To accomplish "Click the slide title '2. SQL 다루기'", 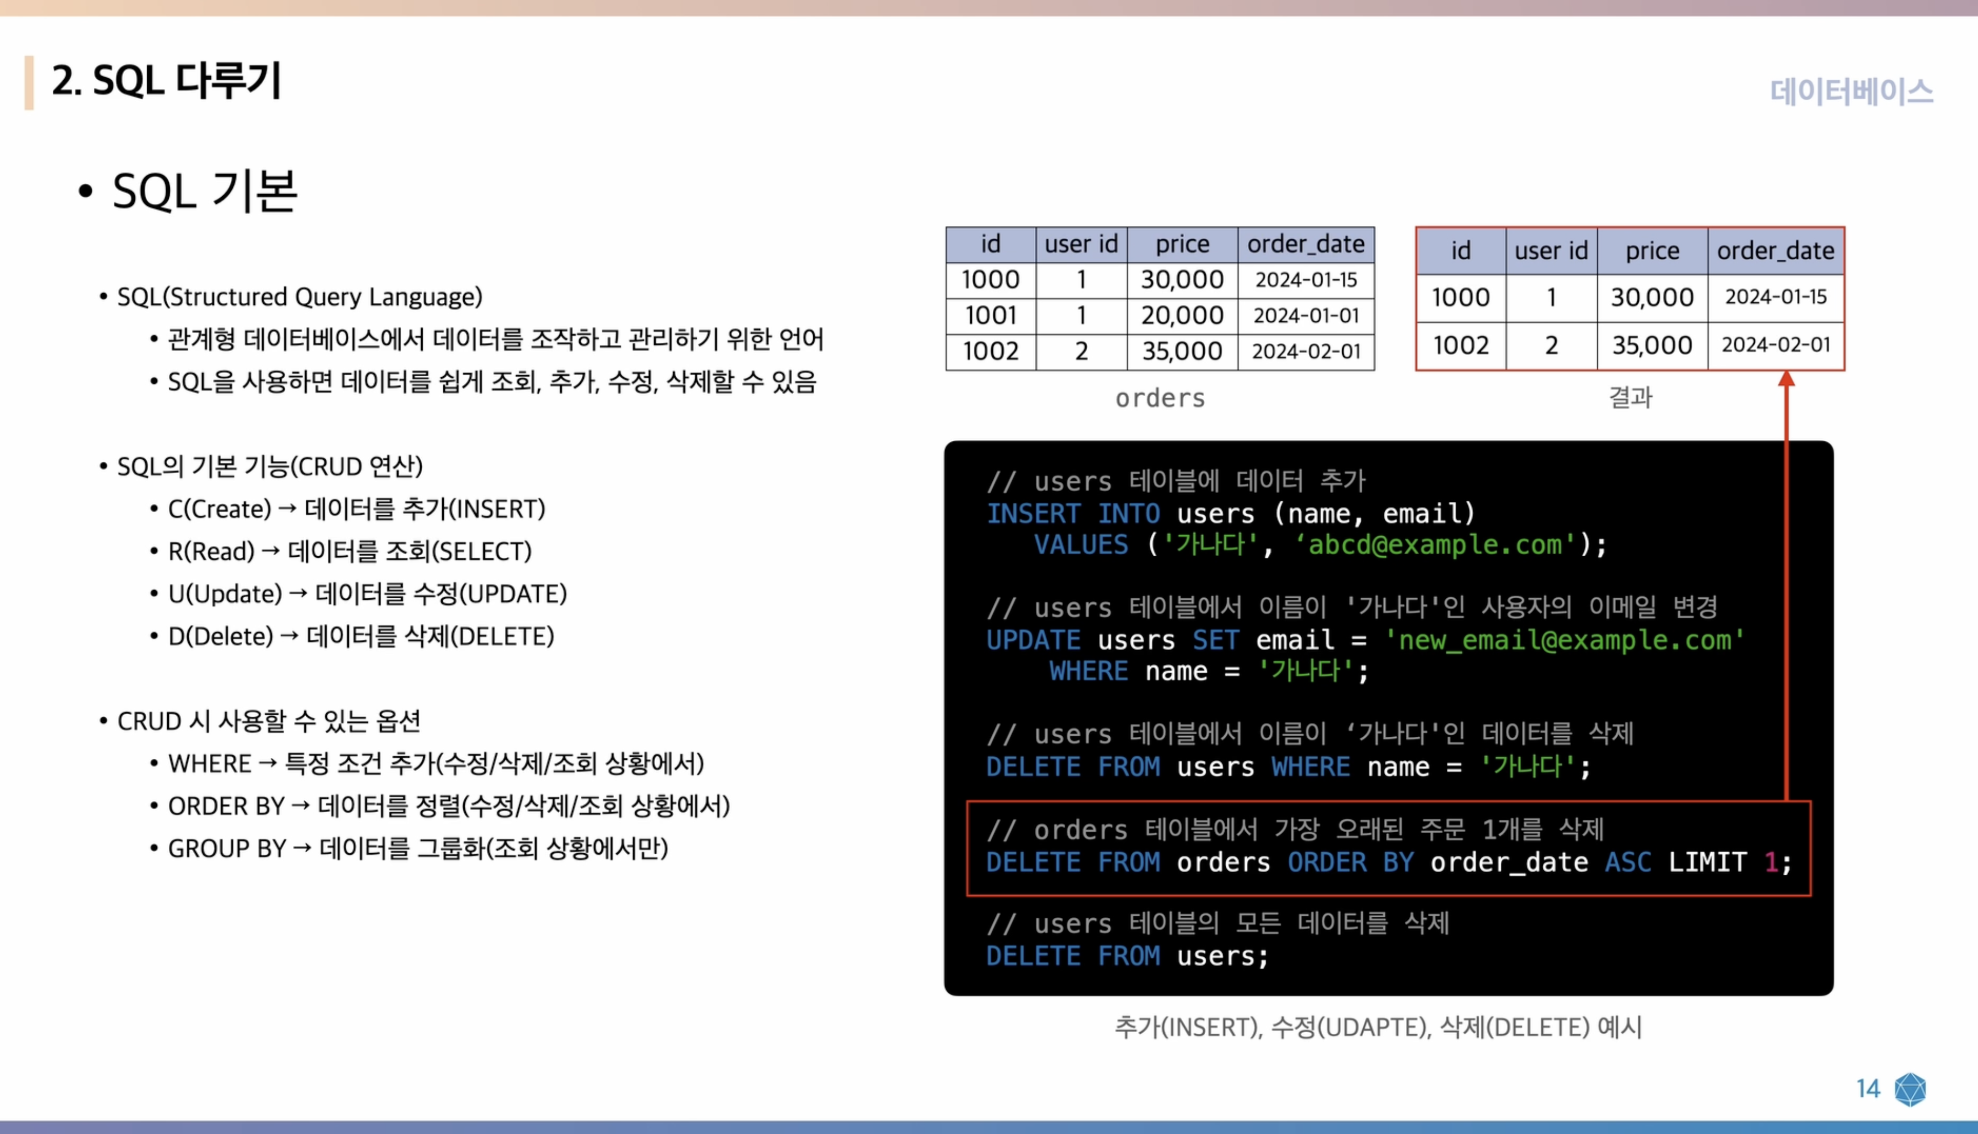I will (166, 81).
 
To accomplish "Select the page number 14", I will (1867, 1088).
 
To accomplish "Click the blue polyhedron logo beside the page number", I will (1910, 1089).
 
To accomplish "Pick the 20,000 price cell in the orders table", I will (1182, 315).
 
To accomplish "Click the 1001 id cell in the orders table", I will (990, 315).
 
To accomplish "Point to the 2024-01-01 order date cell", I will (1306, 315).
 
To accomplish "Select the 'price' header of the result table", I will (1652, 251).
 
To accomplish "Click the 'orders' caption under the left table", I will (1160, 398).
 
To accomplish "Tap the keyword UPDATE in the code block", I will (1033, 640).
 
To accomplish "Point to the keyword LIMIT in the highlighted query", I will (1707, 862).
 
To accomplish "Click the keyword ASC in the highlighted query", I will (1627, 862).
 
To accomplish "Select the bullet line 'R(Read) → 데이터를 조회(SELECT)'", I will (349, 551).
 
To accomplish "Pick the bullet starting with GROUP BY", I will (417, 848).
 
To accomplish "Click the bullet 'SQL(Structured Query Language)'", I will (299, 297).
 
